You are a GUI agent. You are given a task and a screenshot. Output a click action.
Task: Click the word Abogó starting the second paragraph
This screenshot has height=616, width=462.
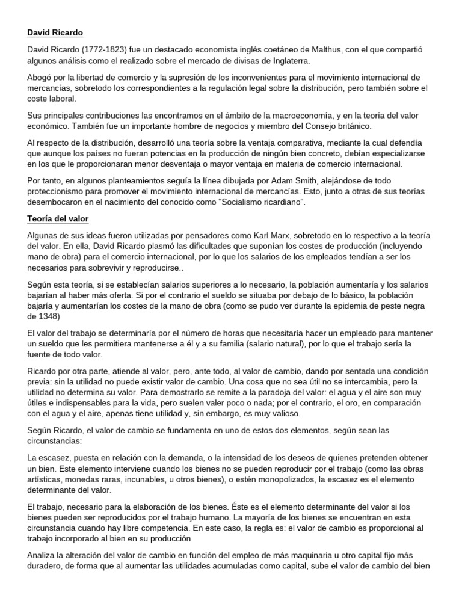[x=41, y=78]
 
